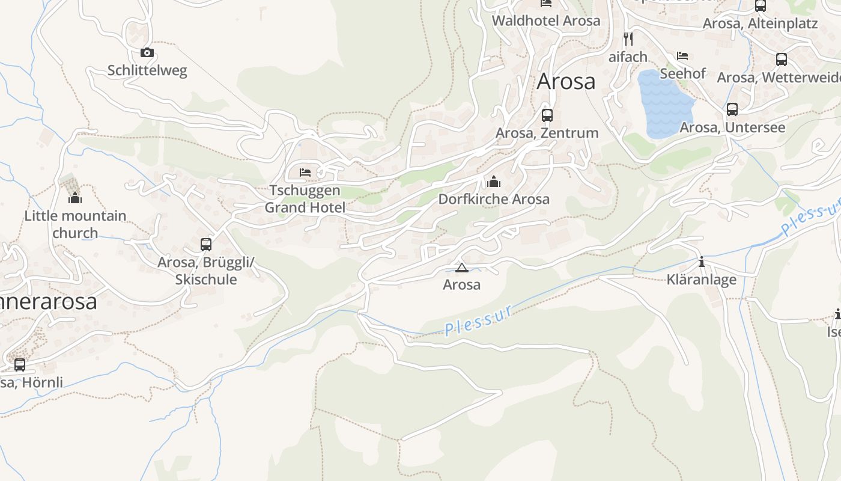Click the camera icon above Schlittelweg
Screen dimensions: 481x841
click(147, 53)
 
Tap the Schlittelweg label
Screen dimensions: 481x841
click(147, 70)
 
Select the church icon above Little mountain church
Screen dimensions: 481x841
click(75, 197)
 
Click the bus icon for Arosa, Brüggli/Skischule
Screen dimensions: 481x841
click(206, 245)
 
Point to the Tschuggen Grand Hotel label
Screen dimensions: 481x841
click(305, 199)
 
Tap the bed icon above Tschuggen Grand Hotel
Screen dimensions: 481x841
click(305, 173)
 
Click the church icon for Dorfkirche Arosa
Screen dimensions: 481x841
click(494, 181)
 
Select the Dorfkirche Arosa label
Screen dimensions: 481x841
click(494, 199)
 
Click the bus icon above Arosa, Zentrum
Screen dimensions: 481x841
click(547, 115)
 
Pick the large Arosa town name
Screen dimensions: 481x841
click(566, 81)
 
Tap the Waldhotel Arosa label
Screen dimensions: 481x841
click(545, 20)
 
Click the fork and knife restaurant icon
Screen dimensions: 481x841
click(628, 39)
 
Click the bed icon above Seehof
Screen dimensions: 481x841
click(682, 56)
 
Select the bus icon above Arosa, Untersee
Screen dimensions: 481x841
click(732, 109)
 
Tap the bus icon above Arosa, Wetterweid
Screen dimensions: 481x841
click(781, 60)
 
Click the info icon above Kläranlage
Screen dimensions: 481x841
click(701, 262)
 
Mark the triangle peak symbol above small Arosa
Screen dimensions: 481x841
click(461, 268)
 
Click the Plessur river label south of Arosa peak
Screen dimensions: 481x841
click(479, 320)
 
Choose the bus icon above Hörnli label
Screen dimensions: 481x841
click(20, 364)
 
